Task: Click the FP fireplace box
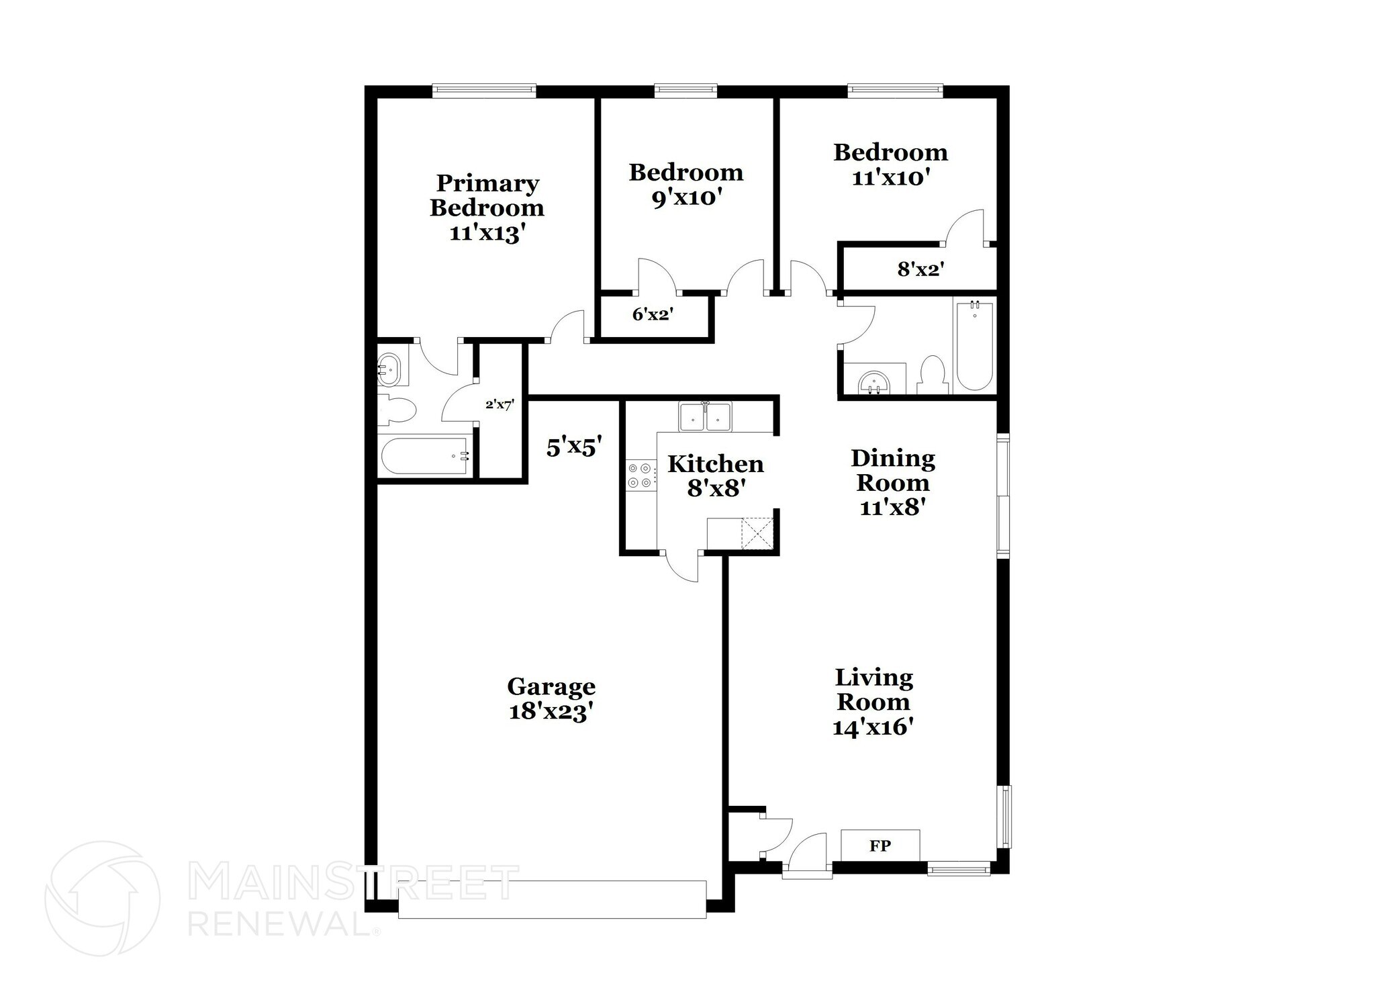[x=880, y=846]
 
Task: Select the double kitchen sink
[x=704, y=417]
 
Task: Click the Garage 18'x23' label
[x=551, y=698]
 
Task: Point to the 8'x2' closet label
[x=920, y=270]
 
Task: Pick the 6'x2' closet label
[x=653, y=314]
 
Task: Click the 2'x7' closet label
[x=500, y=405]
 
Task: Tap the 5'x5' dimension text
[x=573, y=447]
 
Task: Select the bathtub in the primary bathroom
[x=425, y=457]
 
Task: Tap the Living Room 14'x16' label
[x=873, y=702]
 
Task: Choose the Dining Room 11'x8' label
[x=892, y=482]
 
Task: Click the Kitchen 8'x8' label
[x=715, y=475]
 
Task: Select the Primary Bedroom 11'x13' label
[x=487, y=208]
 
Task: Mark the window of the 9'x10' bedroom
[x=685, y=91]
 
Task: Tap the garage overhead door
[x=552, y=899]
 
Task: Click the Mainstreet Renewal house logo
[x=102, y=898]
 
